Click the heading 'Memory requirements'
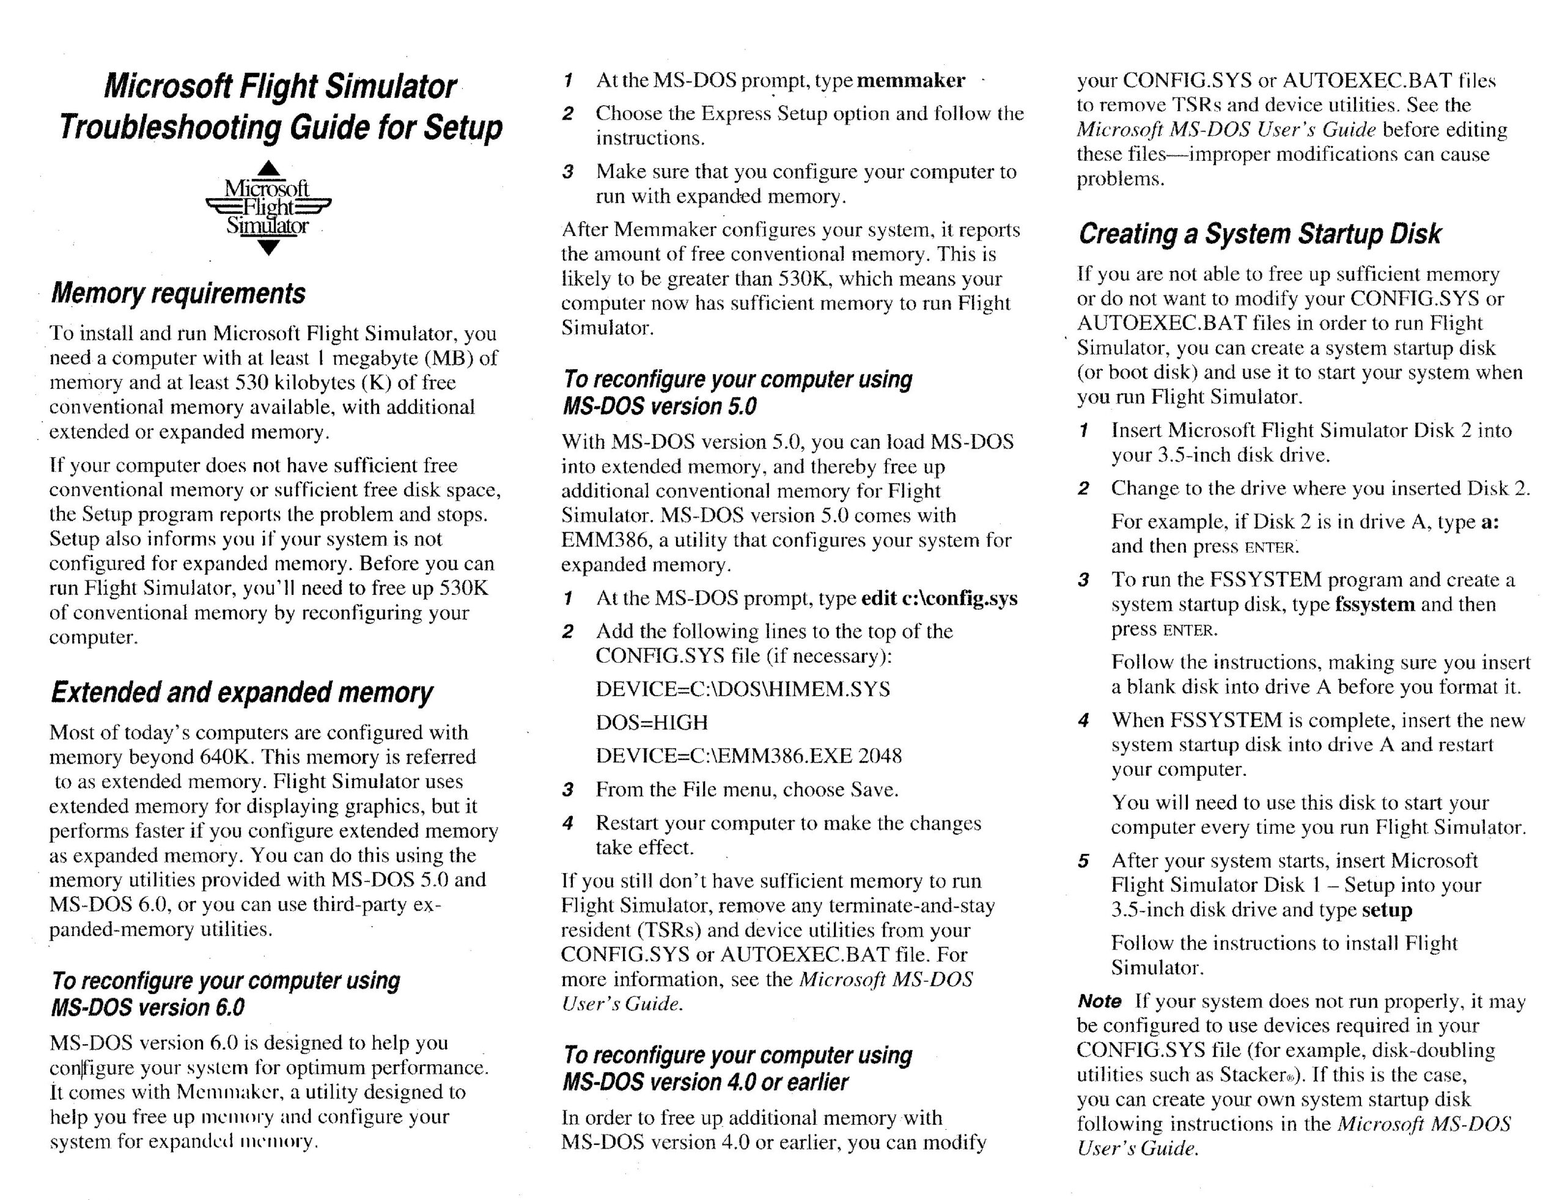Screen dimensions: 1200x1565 (x=178, y=293)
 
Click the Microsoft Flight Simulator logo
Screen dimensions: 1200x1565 (x=268, y=207)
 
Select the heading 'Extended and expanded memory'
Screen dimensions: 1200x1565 (x=241, y=692)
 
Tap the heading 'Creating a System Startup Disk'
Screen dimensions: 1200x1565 (x=1259, y=234)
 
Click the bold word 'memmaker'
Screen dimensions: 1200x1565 (x=911, y=80)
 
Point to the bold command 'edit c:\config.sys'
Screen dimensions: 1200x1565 (x=939, y=598)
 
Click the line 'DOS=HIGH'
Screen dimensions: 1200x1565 (x=652, y=722)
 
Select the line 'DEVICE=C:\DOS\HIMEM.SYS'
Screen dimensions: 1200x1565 (x=743, y=690)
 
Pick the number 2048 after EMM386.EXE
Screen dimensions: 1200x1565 (x=879, y=756)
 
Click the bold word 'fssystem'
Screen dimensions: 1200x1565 (x=1374, y=605)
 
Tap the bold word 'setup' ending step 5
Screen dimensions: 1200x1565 (x=1386, y=910)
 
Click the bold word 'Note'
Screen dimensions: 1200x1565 (x=1099, y=1001)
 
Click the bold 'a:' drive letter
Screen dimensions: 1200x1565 (x=1490, y=521)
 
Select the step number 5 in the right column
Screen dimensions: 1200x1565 (x=1083, y=861)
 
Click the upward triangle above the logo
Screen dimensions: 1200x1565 (x=268, y=169)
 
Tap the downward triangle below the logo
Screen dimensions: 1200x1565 (x=268, y=248)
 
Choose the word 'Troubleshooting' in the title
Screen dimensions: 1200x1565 (x=170, y=127)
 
